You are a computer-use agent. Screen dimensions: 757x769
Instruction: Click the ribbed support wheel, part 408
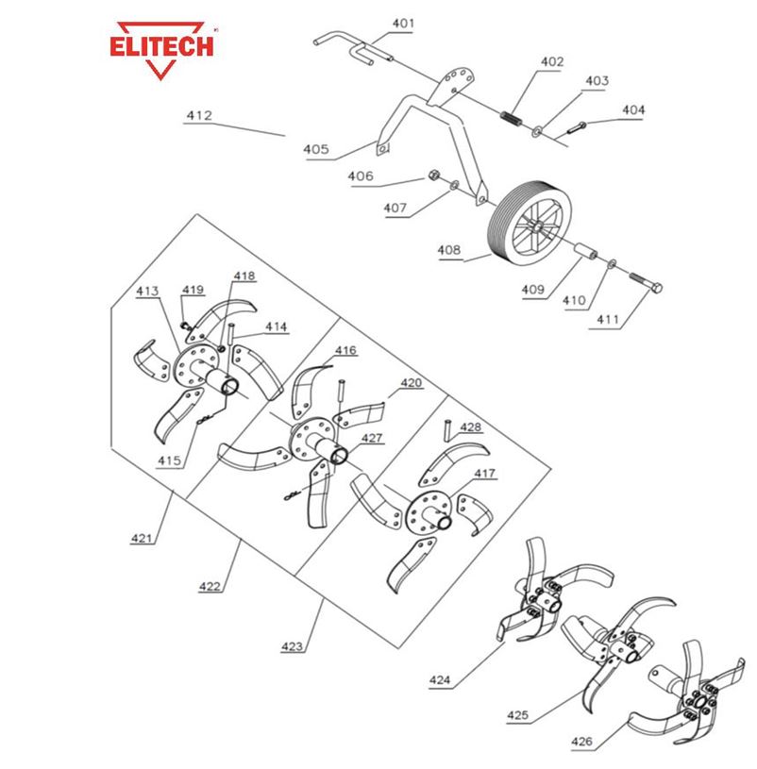[x=530, y=226]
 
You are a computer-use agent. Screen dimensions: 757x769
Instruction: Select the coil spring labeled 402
[x=512, y=119]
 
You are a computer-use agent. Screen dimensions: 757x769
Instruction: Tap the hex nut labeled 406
[x=433, y=176]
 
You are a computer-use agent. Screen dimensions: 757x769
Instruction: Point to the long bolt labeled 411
[x=646, y=282]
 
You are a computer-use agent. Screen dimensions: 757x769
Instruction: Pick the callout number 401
[x=403, y=23]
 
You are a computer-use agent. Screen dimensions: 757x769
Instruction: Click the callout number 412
[x=199, y=115]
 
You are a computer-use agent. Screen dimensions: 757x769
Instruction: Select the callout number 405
[x=316, y=149]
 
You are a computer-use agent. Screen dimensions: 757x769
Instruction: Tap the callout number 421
[x=142, y=538]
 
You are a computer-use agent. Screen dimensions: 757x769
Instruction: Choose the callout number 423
[x=292, y=646]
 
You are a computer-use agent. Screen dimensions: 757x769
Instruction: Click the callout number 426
[x=581, y=742]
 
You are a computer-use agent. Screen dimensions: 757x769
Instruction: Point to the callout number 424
[x=440, y=680]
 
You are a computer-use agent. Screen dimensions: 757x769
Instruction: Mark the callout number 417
[x=484, y=474]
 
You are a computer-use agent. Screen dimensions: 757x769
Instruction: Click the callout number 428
[x=470, y=427]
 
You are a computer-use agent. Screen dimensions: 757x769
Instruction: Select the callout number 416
[x=345, y=350]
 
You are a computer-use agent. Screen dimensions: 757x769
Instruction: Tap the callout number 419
[x=193, y=290]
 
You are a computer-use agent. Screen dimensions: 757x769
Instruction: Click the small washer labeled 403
[x=537, y=131]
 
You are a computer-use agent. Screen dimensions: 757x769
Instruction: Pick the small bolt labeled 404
[x=577, y=127]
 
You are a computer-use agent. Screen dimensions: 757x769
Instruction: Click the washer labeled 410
[x=612, y=264]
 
